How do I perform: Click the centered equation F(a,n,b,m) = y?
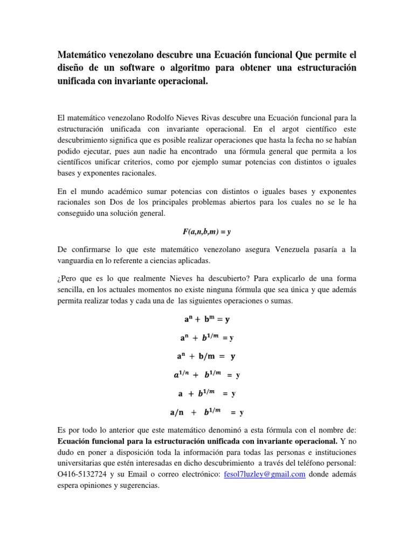coord(206,231)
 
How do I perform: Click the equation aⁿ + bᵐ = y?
coord(206,319)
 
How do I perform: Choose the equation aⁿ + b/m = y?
coord(206,356)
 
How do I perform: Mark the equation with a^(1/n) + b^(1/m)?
coord(206,375)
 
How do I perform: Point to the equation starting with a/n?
coord(206,413)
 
